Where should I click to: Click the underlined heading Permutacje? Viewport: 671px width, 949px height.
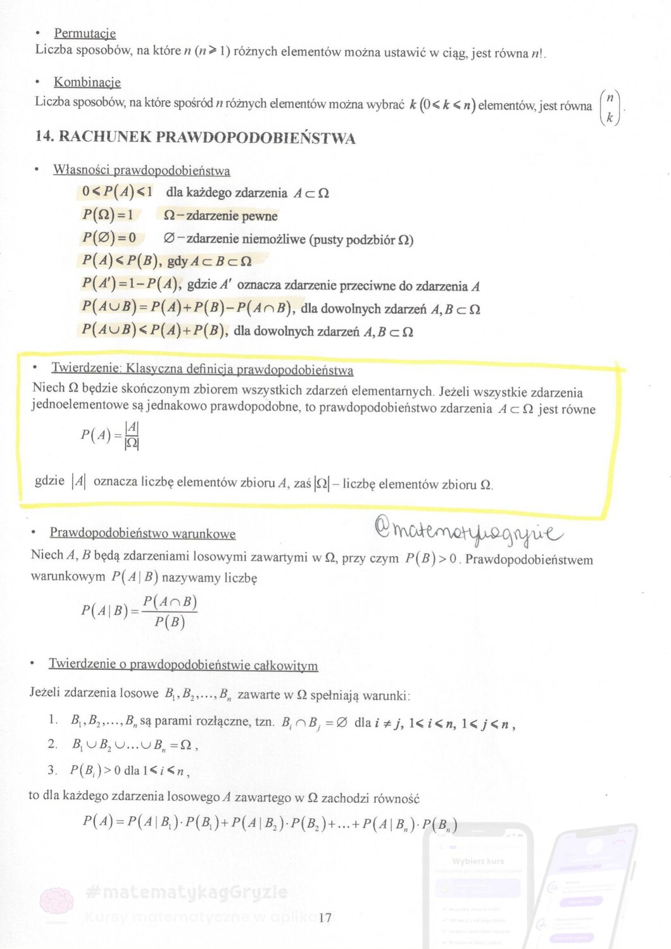click(85, 33)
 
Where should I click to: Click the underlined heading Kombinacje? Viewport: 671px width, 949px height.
click(87, 82)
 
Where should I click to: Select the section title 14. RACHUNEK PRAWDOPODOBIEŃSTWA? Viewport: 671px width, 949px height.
click(195, 138)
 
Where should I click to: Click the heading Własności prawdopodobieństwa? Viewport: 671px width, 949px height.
click(141, 170)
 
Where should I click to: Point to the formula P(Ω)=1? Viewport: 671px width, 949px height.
click(108, 215)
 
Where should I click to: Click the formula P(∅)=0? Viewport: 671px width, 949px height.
click(110, 238)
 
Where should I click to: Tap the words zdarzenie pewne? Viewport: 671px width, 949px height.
click(220, 216)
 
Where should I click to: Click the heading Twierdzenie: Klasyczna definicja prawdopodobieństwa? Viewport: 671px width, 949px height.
click(202, 369)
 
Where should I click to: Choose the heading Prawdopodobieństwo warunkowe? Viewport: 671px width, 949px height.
click(142, 533)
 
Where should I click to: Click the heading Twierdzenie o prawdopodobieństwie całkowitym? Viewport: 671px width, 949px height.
click(183, 665)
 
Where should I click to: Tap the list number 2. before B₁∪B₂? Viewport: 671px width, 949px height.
click(53, 744)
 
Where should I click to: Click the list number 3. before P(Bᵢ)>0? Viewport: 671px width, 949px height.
click(53, 770)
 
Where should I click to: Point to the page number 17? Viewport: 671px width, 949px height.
click(325, 917)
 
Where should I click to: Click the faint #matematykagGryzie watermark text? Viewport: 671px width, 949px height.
click(186, 893)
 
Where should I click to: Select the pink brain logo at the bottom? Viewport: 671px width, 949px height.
click(56, 902)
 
